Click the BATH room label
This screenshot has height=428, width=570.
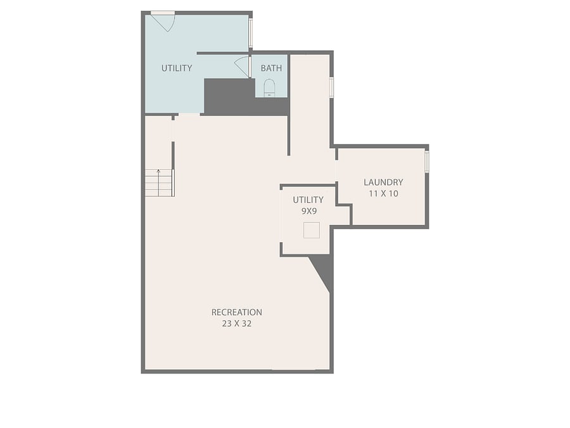pyautogui.click(x=271, y=68)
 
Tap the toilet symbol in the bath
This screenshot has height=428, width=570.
pyautogui.click(x=269, y=88)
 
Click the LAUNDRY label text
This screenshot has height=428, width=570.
pyautogui.click(x=383, y=182)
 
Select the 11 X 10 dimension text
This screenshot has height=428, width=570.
pyautogui.click(x=383, y=193)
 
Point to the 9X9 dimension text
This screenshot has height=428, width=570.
pyautogui.click(x=308, y=211)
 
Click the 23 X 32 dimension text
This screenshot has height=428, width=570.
pyautogui.click(x=237, y=323)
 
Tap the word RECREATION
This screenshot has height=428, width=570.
pyautogui.click(x=237, y=312)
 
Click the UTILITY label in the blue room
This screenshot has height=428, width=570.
pyautogui.click(x=177, y=68)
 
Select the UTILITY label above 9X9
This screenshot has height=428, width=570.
pyautogui.click(x=308, y=200)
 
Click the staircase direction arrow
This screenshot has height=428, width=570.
pyautogui.click(x=158, y=183)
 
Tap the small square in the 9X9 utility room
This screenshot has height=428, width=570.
pyautogui.click(x=312, y=230)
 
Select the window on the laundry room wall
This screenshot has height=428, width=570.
pyautogui.click(x=427, y=162)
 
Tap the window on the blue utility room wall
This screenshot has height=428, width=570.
pyautogui.click(x=250, y=33)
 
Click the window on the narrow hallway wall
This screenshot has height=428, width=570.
pyautogui.click(x=331, y=88)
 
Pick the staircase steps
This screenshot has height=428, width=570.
pyautogui.click(x=159, y=183)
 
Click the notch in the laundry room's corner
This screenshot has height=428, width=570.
pyautogui.click(x=344, y=215)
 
